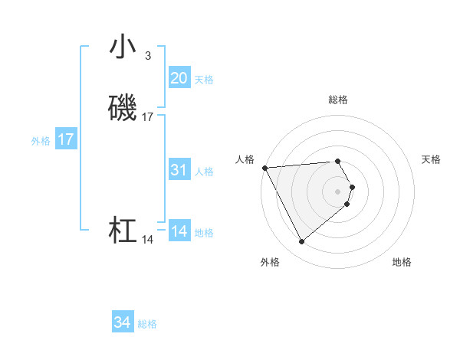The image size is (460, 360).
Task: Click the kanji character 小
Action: [123, 47]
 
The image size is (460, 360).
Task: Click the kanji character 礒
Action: [123, 109]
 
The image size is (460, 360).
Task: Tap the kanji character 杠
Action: [123, 231]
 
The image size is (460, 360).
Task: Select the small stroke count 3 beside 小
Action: [148, 56]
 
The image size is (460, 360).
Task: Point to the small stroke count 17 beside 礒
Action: [148, 117]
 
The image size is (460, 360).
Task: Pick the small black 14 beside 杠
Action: [148, 240]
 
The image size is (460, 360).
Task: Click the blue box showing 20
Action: [179, 78]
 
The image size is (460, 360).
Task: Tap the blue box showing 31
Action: [179, 170]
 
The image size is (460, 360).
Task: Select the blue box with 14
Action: [179, 231]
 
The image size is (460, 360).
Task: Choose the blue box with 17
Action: [66, 139]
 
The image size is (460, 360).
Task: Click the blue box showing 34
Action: [122, 323]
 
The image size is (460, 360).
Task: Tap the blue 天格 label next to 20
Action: [204, 80]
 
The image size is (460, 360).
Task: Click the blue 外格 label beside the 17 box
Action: [41, 141]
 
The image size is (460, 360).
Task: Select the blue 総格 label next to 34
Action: [147, 325]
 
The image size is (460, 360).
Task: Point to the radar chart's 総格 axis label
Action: [338, 100]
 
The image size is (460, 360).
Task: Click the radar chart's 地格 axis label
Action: [402, 263]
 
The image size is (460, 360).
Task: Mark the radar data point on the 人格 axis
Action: [264, 167]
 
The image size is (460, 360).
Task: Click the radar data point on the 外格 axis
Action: [301, 242]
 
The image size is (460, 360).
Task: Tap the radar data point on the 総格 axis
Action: [338, 161]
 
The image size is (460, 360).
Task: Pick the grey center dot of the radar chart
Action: [338, 191]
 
